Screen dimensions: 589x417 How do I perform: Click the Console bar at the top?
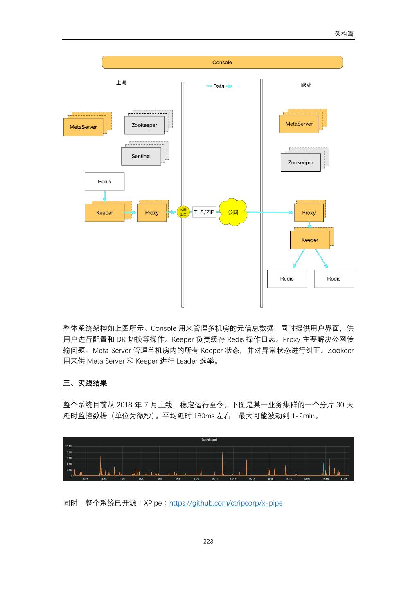pos(222,63)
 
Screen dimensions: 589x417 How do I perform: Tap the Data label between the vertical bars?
pos(219,86)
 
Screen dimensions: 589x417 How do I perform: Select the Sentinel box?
pos(141,156)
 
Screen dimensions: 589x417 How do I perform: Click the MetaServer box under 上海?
pos(83,127)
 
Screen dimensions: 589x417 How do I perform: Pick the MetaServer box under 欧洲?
pos(299,124)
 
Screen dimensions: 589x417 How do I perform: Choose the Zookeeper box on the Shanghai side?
pos(144,125)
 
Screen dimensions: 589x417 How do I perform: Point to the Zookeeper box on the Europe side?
pos(300,163)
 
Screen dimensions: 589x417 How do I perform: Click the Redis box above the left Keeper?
pos(104,182)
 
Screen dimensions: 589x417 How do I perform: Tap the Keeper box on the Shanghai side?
pos(104,213)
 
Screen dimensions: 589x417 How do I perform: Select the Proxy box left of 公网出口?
pos(152,213)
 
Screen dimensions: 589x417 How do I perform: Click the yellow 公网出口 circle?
pos(183,212)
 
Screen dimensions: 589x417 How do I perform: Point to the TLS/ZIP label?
pos(204,212)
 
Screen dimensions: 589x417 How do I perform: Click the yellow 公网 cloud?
pos(233,212)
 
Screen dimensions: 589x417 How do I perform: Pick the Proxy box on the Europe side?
pos(309,213)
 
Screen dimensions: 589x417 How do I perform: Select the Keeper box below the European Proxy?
pos(310,240)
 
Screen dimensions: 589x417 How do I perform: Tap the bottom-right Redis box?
pos(334,279)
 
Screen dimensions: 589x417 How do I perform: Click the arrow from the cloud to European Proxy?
pos(270,212)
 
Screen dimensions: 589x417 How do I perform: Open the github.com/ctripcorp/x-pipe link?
pos(225,503)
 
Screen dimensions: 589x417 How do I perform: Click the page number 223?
pos(208,542)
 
